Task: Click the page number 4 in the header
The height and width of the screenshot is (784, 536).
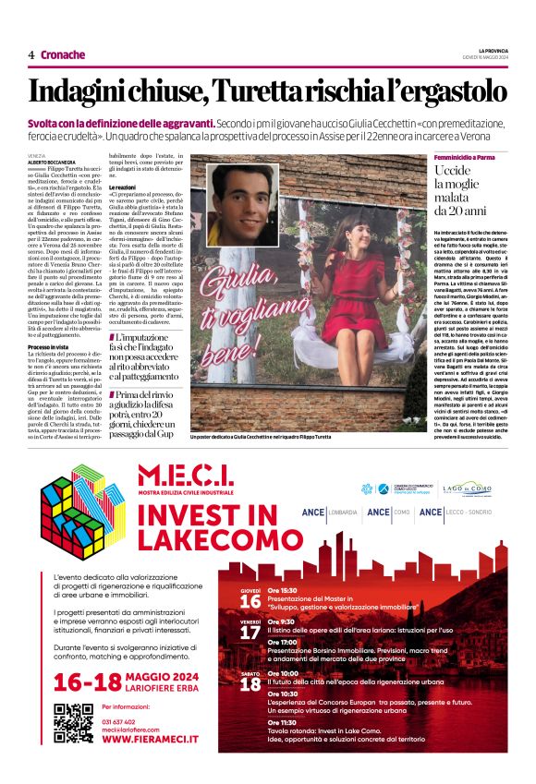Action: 31,55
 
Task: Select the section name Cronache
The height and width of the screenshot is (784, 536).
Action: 63,55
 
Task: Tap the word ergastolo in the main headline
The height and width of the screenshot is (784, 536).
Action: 447,91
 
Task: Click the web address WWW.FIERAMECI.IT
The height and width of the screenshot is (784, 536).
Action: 152,740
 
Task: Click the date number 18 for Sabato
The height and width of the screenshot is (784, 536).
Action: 250,684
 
